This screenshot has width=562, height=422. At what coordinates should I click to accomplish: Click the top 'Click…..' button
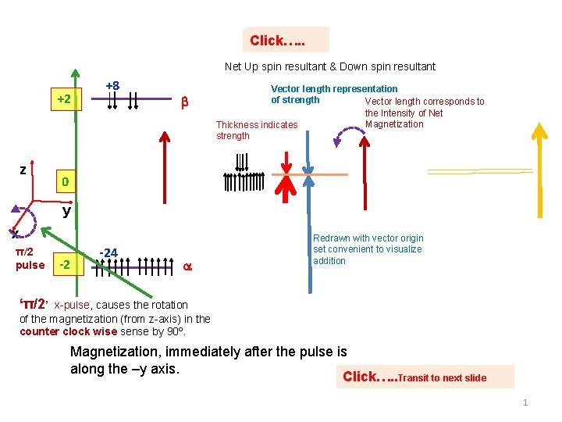pyautogui.click(x=286, y=40)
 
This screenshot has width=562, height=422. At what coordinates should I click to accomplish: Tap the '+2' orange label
pyautogui.click(x=64, y=100)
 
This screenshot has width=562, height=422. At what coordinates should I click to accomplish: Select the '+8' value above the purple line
pyautogui.click(x=112, y=86)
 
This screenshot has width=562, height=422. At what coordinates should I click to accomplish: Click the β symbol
pyautogui.click(x=185, y=102)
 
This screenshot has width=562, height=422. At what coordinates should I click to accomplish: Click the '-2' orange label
pyautogui.click(x=66, y=265)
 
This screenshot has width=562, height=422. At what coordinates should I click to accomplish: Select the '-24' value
pyautogui.click(x=109, y=252)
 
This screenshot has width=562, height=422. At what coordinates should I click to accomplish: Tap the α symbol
pyautogui.click(x=187, y=266)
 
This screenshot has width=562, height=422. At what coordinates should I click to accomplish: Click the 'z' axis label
pyautogui.click(x=23, y=170)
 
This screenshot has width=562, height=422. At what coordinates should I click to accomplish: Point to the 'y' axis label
pyautogui.click(x=67, y=210)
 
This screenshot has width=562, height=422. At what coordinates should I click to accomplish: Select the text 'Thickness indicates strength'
pyautogui.click(x=257, y=130)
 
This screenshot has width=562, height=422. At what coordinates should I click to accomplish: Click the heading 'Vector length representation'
pyautogui.click(x=333, y=89)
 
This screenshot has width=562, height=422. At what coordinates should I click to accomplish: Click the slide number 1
pyautogui.click(x=525, y=402)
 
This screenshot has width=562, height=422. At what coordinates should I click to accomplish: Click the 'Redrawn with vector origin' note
pyautogui.click(x=368, y=238)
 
